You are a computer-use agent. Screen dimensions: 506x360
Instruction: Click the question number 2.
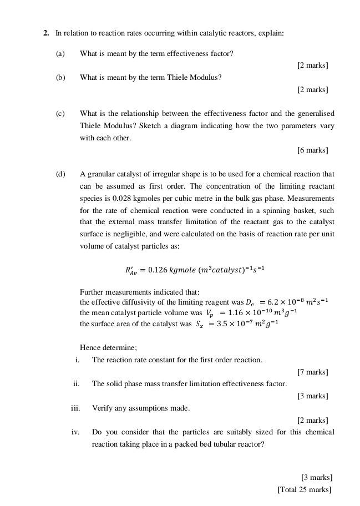pos(46,33)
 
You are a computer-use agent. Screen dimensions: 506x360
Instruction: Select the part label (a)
pos(60,53)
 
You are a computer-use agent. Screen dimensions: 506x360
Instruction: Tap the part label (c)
pos(60,114)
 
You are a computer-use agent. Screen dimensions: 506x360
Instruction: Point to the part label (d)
pos(60,174)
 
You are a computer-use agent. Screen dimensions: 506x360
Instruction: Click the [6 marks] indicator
pos(312,150)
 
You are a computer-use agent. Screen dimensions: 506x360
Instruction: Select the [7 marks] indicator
pos(312,372)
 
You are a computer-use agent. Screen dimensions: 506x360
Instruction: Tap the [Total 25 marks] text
pos(305,489)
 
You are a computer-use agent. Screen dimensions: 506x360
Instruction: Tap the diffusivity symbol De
pos(250,302)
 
